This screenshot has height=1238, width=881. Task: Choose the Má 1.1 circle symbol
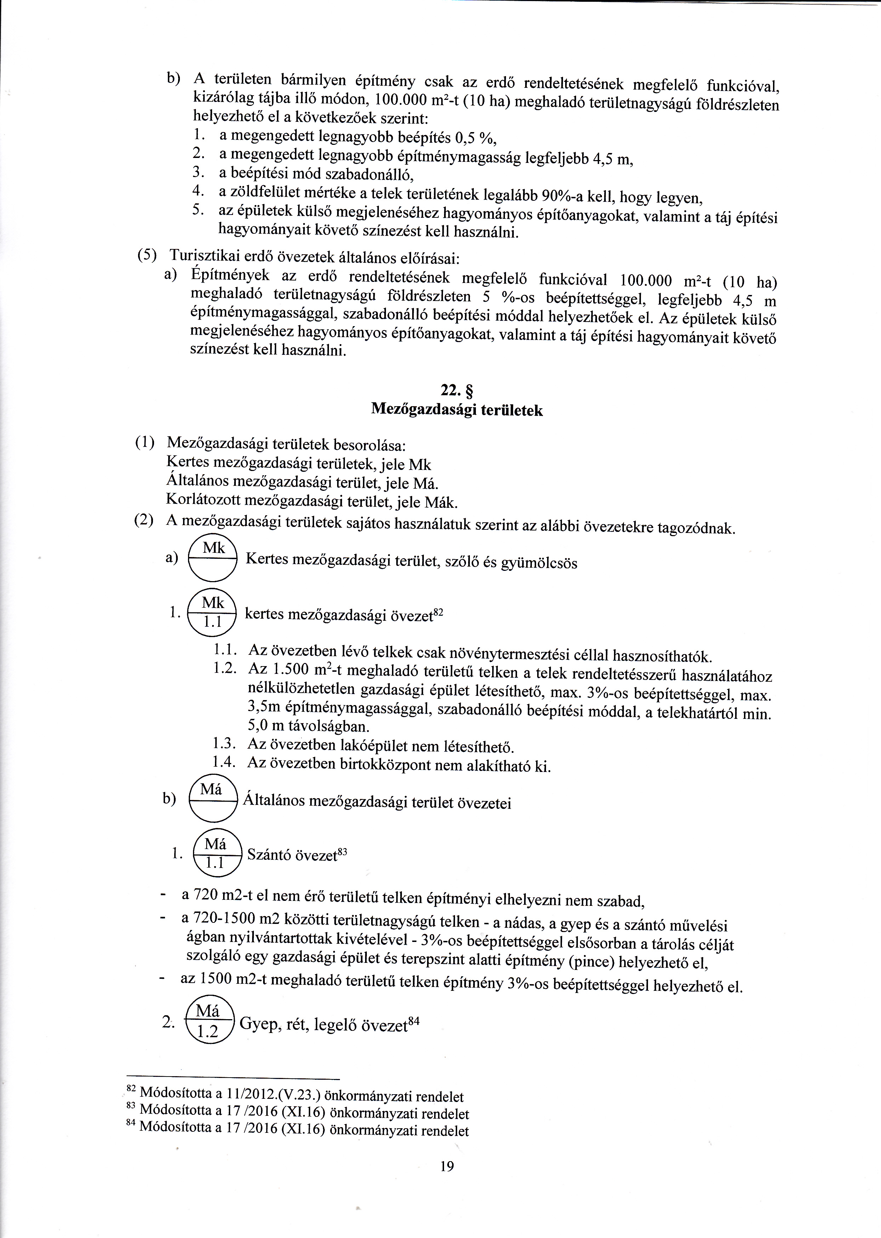tap(216, 852)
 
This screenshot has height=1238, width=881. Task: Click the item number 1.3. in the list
tap(224, 745)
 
